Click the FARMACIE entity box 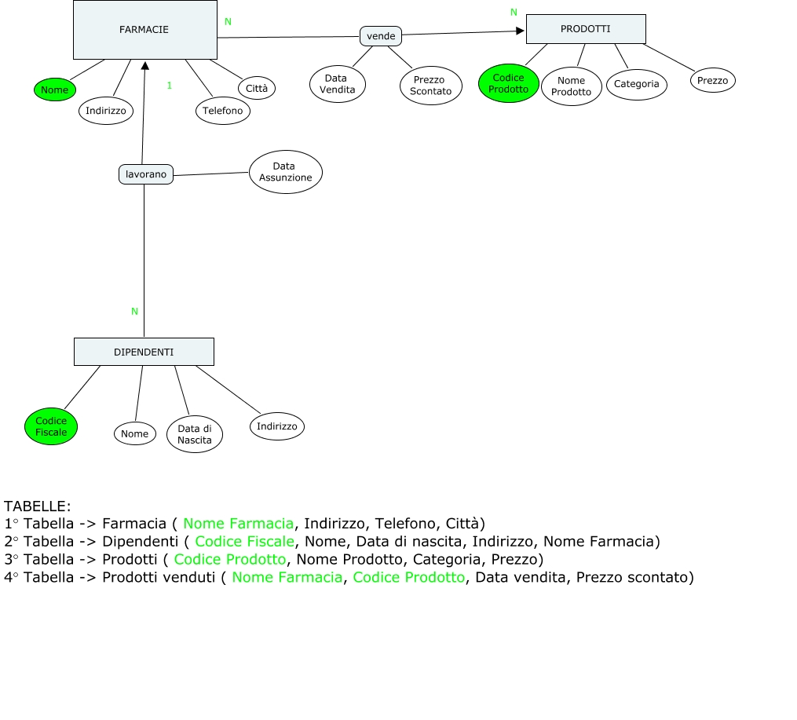[144, 30]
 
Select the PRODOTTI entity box [585, 29]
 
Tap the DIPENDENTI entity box [144, 352]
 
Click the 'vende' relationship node [381, 35]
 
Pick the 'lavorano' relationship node [146, 174]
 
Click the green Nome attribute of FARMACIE [54, 90]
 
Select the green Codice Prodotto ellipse [508, 83]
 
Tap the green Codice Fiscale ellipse [51, 426]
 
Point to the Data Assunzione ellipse [285, 172]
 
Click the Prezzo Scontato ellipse [430, 85]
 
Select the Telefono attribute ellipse [222, 111]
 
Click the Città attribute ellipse [256, 88]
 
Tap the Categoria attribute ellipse [636, 84]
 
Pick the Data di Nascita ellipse [194, 434]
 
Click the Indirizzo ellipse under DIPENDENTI [276, 426]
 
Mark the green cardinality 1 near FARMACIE [169, 85]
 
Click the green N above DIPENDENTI [134, 311]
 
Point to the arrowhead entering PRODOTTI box [520, 31]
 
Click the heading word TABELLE [37, 506]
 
